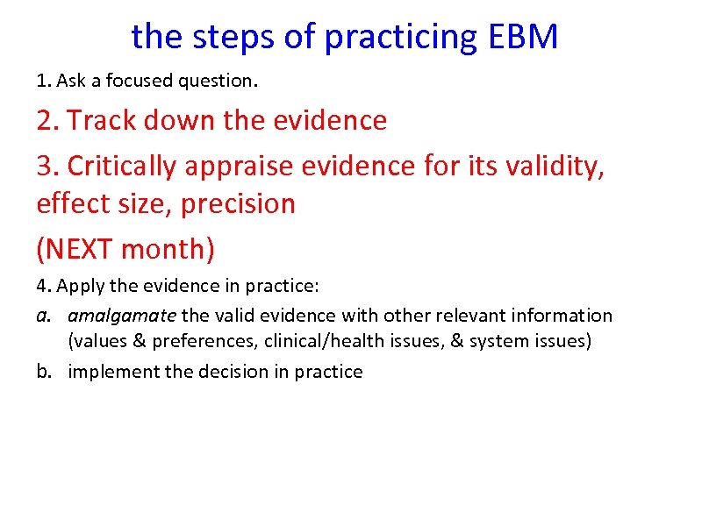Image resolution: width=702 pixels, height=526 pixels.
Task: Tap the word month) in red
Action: click(x=168, y=249)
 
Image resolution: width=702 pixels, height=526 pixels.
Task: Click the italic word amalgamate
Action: click(x=122, y=316)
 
